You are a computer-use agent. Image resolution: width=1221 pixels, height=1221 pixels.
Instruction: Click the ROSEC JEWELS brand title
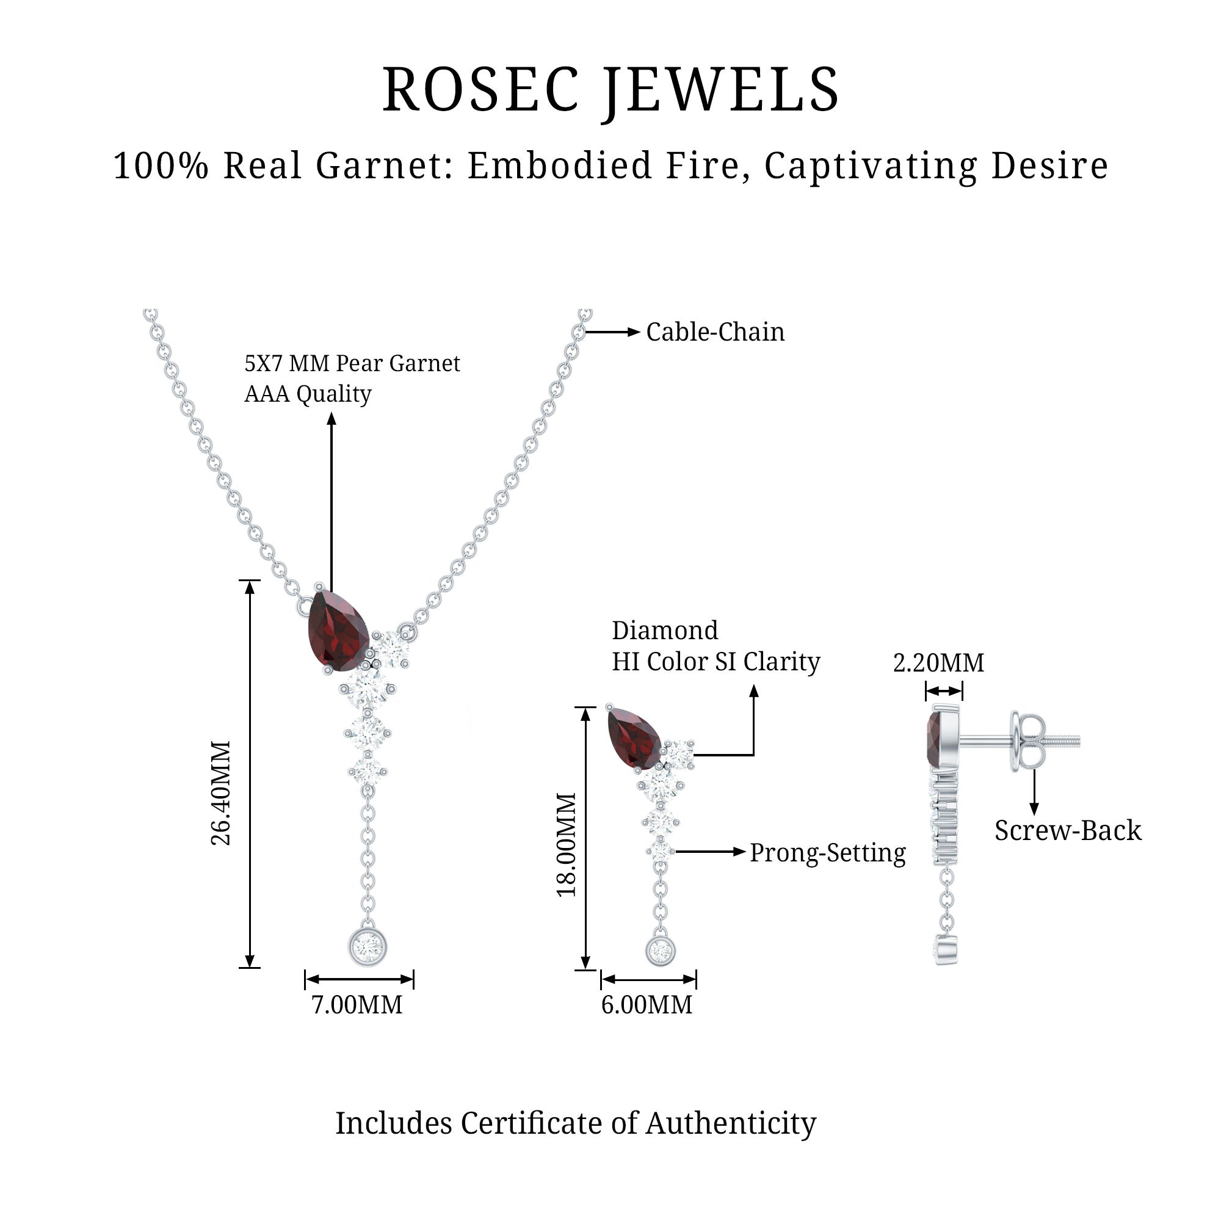[x=610, y=90]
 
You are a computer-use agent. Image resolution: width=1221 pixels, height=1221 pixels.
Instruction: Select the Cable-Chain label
[x=715, y=332]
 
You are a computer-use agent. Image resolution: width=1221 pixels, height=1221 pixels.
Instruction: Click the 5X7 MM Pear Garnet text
[x=352, y=363]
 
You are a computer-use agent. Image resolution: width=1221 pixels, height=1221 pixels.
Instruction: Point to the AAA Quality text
[x=308, y=394]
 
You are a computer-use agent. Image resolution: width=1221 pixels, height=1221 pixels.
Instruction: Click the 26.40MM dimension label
[x=221, y=792]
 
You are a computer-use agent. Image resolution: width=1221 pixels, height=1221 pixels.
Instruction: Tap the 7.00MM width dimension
[x=357, y=1004]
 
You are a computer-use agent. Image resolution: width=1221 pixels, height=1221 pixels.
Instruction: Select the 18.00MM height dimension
[x=567, y=844]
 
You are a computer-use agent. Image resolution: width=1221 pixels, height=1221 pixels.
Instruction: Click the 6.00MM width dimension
[x=647, y=1004]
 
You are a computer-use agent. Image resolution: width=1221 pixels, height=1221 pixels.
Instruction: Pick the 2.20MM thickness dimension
[x=938, y=663]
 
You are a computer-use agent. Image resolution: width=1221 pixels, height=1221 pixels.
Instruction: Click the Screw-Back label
[x=1068, y=830]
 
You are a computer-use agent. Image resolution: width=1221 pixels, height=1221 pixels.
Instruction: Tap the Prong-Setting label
[x=827, y=852]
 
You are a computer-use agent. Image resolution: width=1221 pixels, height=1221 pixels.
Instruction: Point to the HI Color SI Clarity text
[x=716, y=662]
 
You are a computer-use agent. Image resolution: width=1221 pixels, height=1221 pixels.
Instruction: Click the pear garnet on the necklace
[x=338, y=629]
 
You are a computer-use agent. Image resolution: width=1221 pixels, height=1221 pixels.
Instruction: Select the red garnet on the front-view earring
[x=633, y=737]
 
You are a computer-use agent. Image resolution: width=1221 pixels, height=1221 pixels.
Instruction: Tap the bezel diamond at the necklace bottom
[x=367, y=947]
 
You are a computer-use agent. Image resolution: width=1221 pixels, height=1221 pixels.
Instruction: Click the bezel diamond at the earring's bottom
[x=661, y=951]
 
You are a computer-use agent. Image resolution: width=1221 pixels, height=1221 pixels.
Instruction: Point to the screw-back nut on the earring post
[x=1026, y=741]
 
